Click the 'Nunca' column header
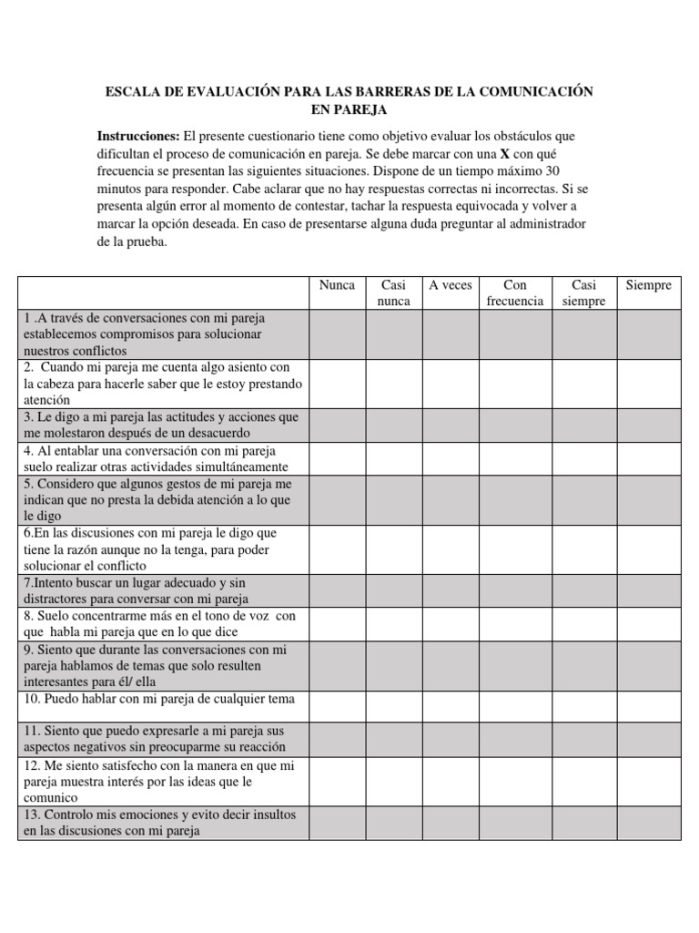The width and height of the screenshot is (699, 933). pyautogui.click(x=337, y=285)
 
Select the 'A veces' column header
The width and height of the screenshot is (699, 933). pyautogui.click(x=451, y=285)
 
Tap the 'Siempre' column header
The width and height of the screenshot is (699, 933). pyautogui.click(x=648, y=285)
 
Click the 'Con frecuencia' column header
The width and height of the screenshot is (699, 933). pyautogui.click(x=515, y=292)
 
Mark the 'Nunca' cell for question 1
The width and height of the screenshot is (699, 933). pyautogui.click(x=337, y=333)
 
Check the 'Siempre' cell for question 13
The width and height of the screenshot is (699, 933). pyautogui.click(x=648, y=822)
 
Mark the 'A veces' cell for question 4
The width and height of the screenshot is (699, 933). pyautogui.click(x=451, y=458)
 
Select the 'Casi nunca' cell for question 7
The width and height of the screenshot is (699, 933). pyautogui.click(x=394, y=590)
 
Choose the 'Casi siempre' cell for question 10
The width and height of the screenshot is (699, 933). pyautogui.click(x=584, y=706)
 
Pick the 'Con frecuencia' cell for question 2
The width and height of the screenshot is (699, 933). pyautogui.click(x=515, y=383)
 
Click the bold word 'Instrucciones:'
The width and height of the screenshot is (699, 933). pyautogui.click(x=139, y=136)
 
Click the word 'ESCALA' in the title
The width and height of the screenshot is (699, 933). pyautogui.click(x=135, y=91)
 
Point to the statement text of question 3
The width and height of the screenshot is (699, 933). pyautogui.click(x=162, y=425)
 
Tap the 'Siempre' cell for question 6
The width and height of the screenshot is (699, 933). pyautogui.click(x=648, y=549)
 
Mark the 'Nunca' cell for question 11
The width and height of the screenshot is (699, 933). pyautogui.click(x=337, y=739)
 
